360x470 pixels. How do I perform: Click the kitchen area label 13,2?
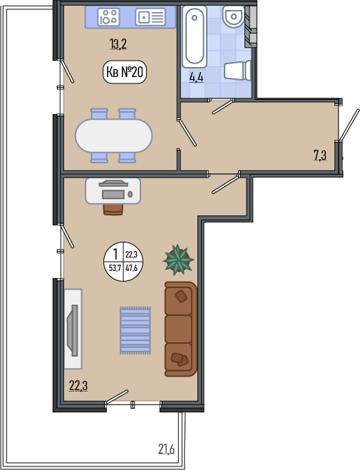click(118, 44)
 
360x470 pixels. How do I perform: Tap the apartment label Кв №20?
click(125, 72)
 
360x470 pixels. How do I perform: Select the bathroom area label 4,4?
click(196, 78)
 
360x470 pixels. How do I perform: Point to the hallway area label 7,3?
click(320, 156)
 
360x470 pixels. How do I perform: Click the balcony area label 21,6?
click(166, 449)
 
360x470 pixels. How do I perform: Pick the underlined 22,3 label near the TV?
click(78, 386)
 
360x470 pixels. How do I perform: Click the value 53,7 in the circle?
click(115, 268)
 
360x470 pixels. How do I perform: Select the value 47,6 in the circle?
click(131, 268)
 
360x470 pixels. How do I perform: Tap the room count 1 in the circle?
click(115, 255)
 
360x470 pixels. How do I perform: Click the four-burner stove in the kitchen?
click(109, 17)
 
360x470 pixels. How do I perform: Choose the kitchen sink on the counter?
click(150, 17)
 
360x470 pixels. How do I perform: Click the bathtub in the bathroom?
click(195, 36)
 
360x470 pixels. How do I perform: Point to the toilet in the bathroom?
click(237, 71)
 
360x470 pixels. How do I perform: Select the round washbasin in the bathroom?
click(234, 17)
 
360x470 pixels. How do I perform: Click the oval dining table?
click(114, 136)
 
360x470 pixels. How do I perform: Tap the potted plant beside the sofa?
click(178, 260)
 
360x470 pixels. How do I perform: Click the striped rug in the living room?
click(135, 330)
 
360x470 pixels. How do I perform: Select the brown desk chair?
click(113, 210)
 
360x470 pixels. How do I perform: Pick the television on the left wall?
click(73, 330)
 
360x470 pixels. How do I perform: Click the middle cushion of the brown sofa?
click(178, 329)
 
